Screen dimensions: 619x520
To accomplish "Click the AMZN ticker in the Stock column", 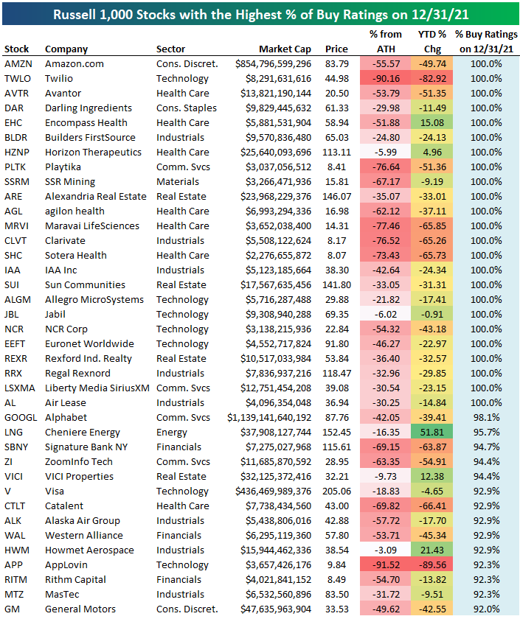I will coord(18,64).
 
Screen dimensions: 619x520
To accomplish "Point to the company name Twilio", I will coord(59,79).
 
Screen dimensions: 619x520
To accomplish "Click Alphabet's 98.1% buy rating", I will coord(485,418).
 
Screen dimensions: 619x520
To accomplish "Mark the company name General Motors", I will coord(80,609).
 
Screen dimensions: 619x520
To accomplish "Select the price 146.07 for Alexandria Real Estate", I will coord(335,197).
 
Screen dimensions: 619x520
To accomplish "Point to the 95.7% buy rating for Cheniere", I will coord(485,433).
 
